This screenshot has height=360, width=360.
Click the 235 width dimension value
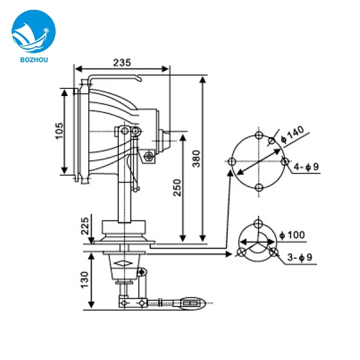point(122,63)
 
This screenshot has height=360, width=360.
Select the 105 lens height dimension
point(59,131)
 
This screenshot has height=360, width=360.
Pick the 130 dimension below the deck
point(84,279)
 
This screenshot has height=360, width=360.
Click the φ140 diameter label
point(292,136)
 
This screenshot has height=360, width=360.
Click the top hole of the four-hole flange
point(259,135)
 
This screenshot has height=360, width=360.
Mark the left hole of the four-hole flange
point(232,161)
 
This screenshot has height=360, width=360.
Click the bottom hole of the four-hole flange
point(259,188)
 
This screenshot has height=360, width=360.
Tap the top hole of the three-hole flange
point(258,224)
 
